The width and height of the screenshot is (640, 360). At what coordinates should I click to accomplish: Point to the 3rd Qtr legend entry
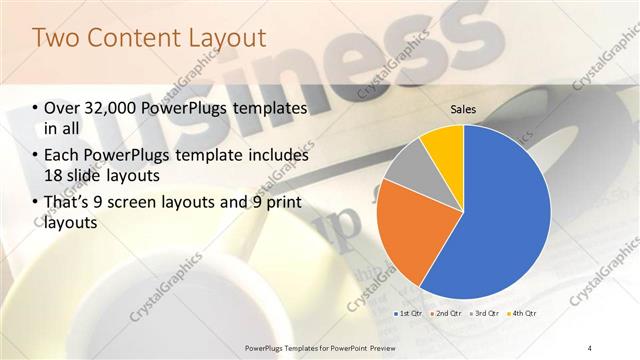point(484,314)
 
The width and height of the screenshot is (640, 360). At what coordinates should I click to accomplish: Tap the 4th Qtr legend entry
point(521,314)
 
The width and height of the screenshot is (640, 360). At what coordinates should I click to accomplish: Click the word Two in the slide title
point(57,38)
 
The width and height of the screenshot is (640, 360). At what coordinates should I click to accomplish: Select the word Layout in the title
point(225,38)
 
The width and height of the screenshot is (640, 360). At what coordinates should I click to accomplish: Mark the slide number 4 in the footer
point(590,348)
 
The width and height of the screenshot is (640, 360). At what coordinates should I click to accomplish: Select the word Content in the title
point(131,38)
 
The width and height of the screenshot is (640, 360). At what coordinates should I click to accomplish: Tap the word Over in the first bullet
point(64,108)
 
